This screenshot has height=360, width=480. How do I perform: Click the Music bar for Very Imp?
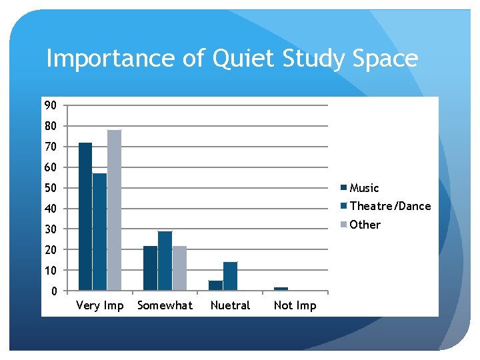pyautogui.click(x=85, y=217)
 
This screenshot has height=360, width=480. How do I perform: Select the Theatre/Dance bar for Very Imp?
pyautogui.click(x=99, y=232)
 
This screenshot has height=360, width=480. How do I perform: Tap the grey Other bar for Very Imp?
pyautogui.click(x=114, y=210)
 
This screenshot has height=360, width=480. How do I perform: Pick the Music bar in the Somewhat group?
pyautogui.click(x=150, y=268)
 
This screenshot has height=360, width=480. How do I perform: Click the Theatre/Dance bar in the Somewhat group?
pyautogui.click(x=165, y=261)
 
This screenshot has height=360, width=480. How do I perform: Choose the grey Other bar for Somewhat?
pyautogui.click(x=179, y=268)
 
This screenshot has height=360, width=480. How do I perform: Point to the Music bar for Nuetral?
pyautogui.click(x=215, y=285)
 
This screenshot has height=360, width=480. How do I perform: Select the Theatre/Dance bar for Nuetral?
pyautogui.click(x=230, y=276)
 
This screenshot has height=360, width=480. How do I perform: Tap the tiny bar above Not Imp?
pyautogui.click(x=281, y=289)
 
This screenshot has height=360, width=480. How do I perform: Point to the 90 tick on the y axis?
pyautogui.click(x=51, y=105)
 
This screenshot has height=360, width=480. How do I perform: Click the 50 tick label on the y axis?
pyautogui.click(x=51, y=188)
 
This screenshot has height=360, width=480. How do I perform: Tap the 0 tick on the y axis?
pyautogui.click(x=54, y=291)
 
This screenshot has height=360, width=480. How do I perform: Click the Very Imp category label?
pyautogui.click(x=100, y=306)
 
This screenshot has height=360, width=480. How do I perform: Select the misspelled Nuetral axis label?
pyautogui.click(x=230, y=306)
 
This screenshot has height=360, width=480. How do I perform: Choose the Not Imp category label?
pyautogui.click(x=295, y=306)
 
